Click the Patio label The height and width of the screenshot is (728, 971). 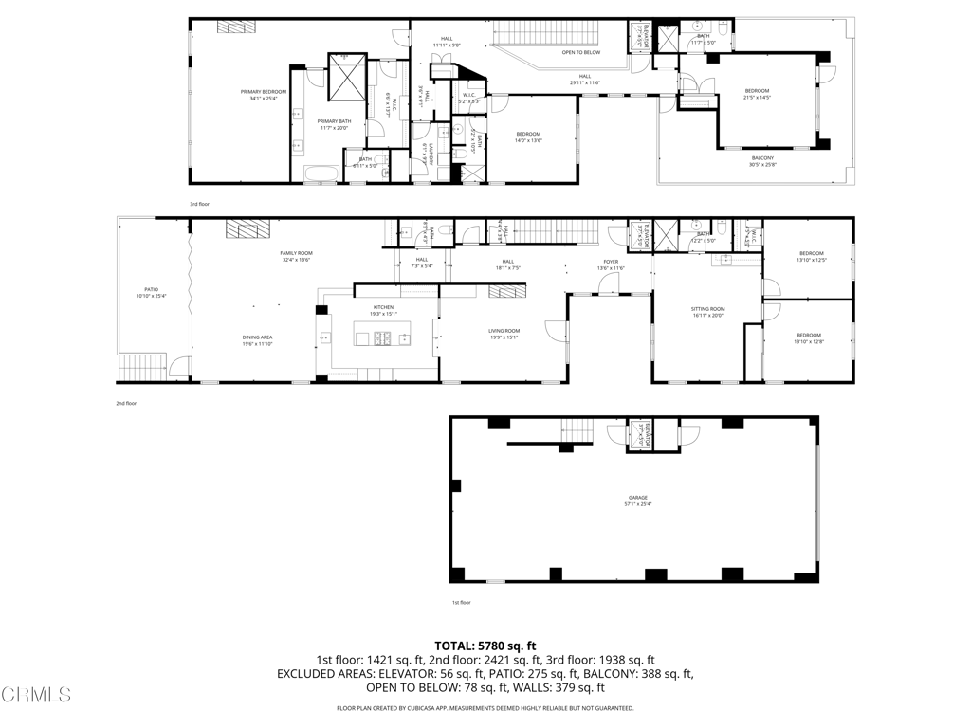(151, 292)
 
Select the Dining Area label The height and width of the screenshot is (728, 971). (258, 340)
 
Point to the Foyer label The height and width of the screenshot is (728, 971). (611, 264)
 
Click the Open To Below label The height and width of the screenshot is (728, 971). (580, 52)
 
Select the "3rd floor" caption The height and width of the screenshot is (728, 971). (199, 204)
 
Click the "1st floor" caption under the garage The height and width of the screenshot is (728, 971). (461, 602)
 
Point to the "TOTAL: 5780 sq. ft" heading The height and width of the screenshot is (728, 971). (485, 645)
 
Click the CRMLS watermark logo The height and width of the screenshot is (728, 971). (36, 695)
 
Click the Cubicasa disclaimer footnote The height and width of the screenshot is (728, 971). (485, 708)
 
